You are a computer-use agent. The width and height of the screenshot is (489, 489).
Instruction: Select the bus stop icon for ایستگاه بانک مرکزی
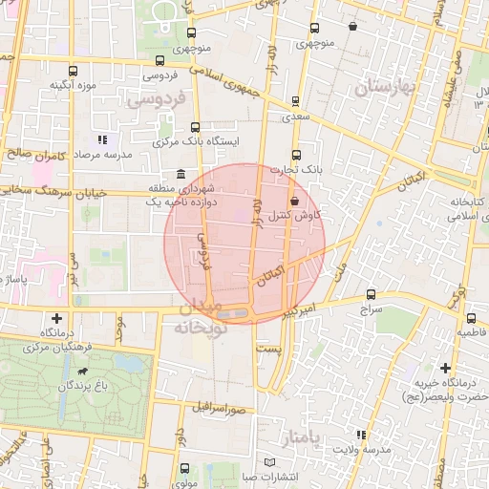point(196,126)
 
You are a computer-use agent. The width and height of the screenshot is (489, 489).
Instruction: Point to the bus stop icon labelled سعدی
point(294,100)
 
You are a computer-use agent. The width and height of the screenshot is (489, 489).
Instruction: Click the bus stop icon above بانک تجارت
point(294,155)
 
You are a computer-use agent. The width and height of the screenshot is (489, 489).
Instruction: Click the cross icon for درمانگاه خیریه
point(445,368)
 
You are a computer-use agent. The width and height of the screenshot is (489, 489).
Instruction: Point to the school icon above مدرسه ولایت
point(360,435)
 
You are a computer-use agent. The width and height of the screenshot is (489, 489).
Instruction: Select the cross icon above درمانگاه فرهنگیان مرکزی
point(57,318)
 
